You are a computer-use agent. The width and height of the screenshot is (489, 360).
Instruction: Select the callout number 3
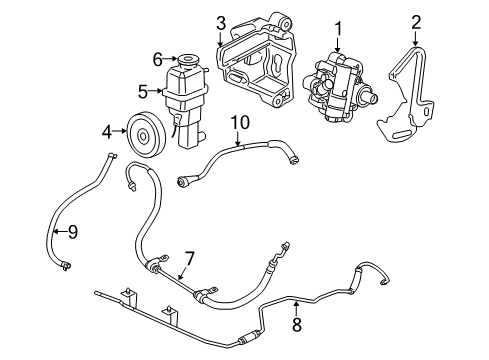click(221, 22)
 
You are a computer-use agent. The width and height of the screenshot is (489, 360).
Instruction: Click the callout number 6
click(157, 58)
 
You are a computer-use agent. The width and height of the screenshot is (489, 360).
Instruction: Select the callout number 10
click(238, 122)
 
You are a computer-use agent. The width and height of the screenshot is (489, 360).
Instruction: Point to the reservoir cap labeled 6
click(185, 60)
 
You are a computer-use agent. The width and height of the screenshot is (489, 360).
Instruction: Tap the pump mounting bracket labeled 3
click(255, 65)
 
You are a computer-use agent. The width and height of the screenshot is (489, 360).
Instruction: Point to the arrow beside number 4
click(118, 129)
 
